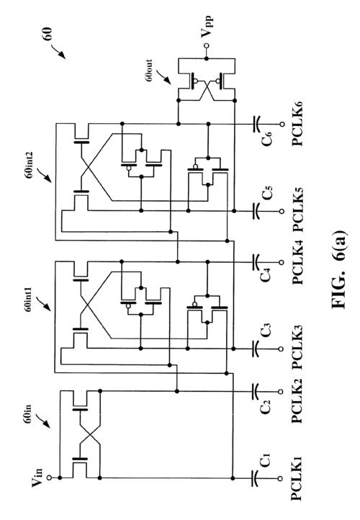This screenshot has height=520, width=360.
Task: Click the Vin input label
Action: [37, 477]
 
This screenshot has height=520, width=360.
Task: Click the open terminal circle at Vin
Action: [50, 478]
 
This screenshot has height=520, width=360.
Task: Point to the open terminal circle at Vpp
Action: [207, 46]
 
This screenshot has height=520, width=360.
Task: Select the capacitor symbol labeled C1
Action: [256, 478]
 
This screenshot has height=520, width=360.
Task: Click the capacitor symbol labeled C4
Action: [256, 262]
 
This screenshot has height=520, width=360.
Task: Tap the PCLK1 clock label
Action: [297, 478]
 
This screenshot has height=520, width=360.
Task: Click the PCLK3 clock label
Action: [297, 348]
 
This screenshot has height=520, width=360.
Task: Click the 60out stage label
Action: [149, 71]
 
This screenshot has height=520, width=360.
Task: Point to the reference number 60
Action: [48, 34]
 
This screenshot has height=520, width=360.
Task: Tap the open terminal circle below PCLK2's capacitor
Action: [281, 392]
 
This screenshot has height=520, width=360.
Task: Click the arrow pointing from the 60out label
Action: [163, 76]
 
